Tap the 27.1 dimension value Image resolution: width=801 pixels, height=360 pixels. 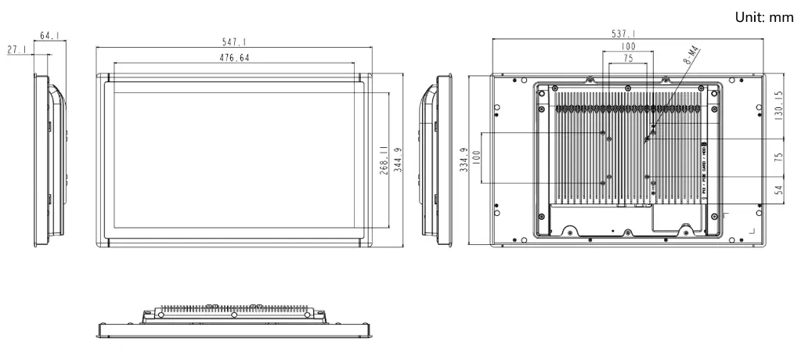(x=16, y=49)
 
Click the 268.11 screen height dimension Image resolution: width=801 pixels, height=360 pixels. (x=384, y=160)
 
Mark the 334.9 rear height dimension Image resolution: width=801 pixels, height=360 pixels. (x=464, y=160)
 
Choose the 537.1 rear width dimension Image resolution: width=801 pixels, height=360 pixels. (x=623, y=34)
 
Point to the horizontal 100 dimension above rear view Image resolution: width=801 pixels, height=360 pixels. (x=628, y=47)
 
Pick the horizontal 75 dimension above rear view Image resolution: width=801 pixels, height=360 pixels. (x=628, y=59)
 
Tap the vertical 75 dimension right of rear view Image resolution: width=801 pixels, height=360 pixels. (x=778, y=157)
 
